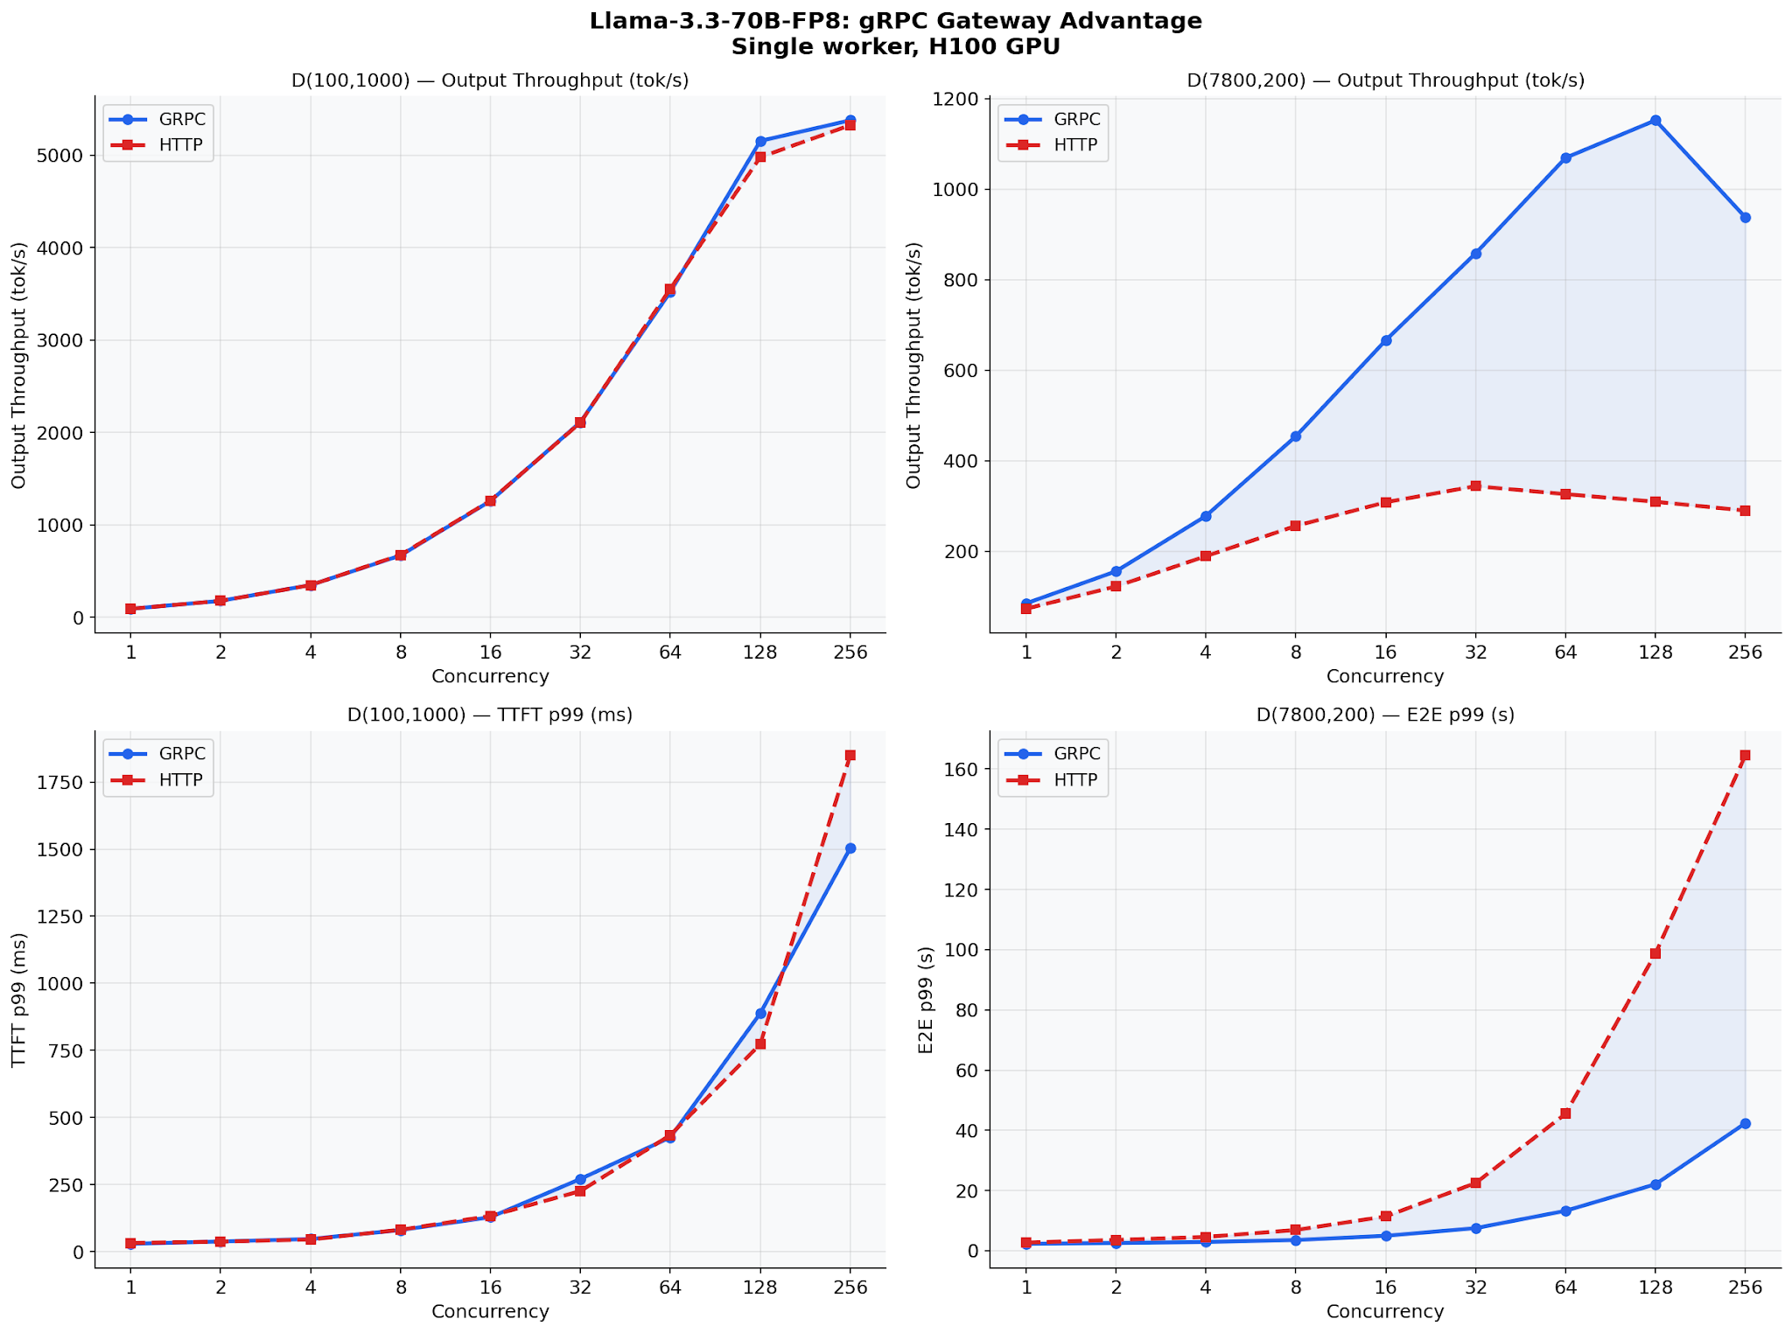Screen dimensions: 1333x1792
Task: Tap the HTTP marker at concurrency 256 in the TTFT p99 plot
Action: point(850,755)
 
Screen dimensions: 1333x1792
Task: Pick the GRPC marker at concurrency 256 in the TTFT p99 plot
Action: point(850,848)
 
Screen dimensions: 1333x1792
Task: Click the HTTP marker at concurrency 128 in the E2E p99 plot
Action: point(1655,953)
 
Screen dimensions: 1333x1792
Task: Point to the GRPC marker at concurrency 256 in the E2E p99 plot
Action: point(1745,1123)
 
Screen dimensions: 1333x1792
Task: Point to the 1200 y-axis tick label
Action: point(960,99)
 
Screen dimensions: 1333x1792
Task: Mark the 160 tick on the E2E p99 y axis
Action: point(962,769)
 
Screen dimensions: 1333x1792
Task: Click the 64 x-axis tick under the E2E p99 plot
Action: point(1564,1287)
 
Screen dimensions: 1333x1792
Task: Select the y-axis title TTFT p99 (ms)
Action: point(19,999)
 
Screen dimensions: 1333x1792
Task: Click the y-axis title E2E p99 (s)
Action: point(926,999)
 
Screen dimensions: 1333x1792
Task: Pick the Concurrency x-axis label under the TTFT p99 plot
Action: point(490,1311)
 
